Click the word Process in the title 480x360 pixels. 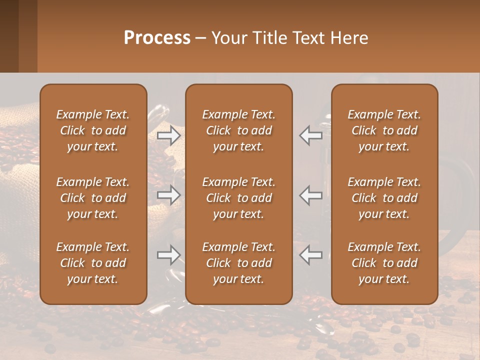tap(157, 38)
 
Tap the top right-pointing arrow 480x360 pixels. tap(169, 135)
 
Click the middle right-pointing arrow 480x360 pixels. tap(169, 195)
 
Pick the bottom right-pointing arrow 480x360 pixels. tap(169, 255)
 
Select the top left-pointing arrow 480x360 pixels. tap(311, 135)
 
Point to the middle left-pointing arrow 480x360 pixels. tap(311, 195)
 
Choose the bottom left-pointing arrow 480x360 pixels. tap(311, 255)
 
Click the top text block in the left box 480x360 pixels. tap(93, 130)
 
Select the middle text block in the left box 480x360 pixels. tap(93, 198)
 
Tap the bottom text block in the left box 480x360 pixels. tap(93, 263)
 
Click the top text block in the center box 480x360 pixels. tap(238, 130)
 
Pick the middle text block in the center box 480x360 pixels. tap(238, 198)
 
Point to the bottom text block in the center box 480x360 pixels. tap(238, 263)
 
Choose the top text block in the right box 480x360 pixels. tap(384, 130)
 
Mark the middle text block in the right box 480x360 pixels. tap(384, 198)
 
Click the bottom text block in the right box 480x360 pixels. tap(384, 263)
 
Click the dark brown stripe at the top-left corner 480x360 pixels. tap(9, 36)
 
